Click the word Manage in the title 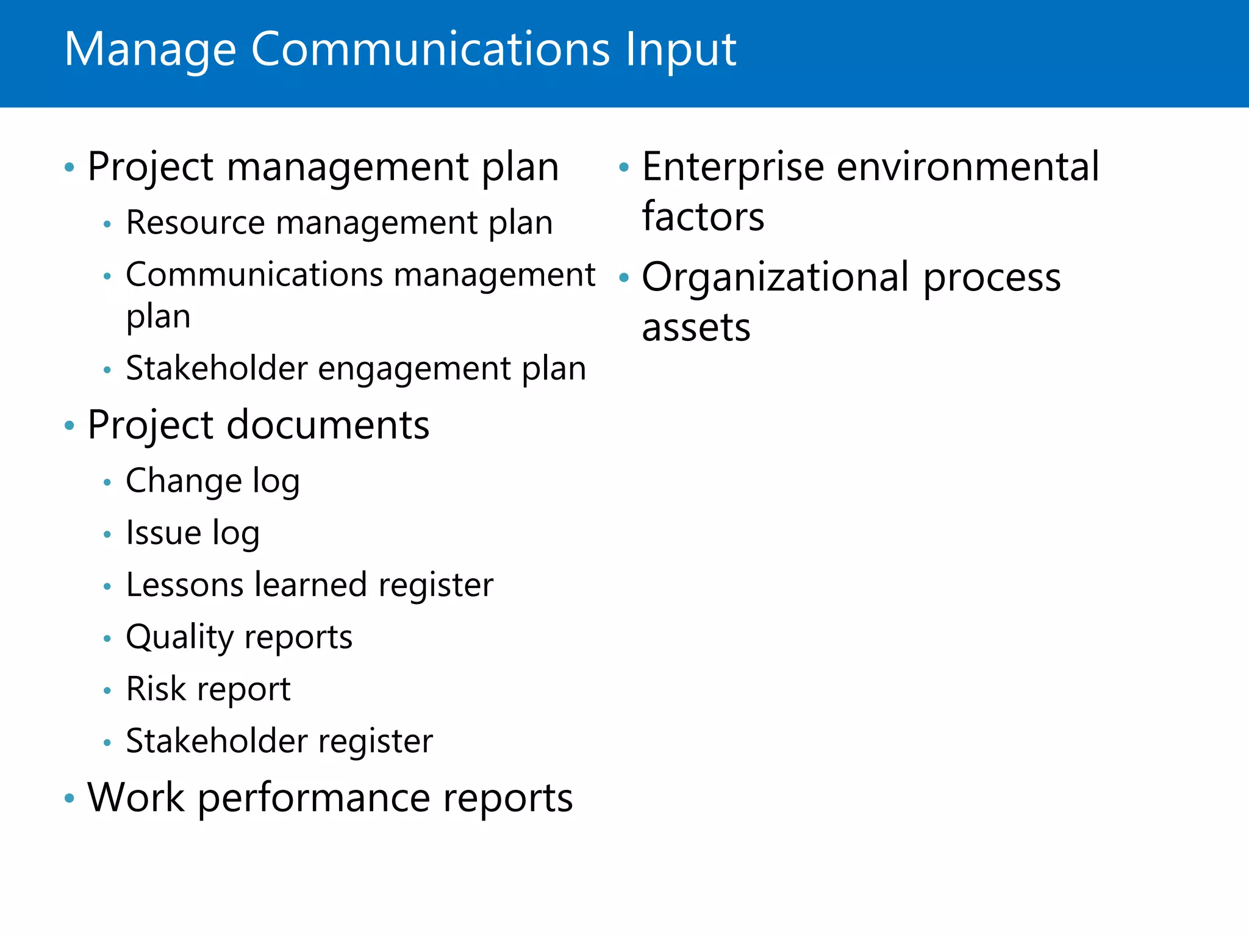tap(150, 50)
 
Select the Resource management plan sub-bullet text tap(339, 223)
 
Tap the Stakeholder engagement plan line tap(356, 369)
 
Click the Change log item tap(212, 481)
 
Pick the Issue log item tap(193, 533)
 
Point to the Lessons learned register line tap(309, 585)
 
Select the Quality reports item tap(239, 637)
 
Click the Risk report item tap(208, 689)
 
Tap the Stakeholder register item tap(279, 741)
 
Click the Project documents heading tap(258, 425)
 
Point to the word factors tap(703, 217)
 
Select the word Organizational tap(776, 278)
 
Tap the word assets tap(696, 328)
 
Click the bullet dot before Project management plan tap(70, 167)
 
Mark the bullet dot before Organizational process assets tap(623, 278)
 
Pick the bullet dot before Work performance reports tap(70, 798)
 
